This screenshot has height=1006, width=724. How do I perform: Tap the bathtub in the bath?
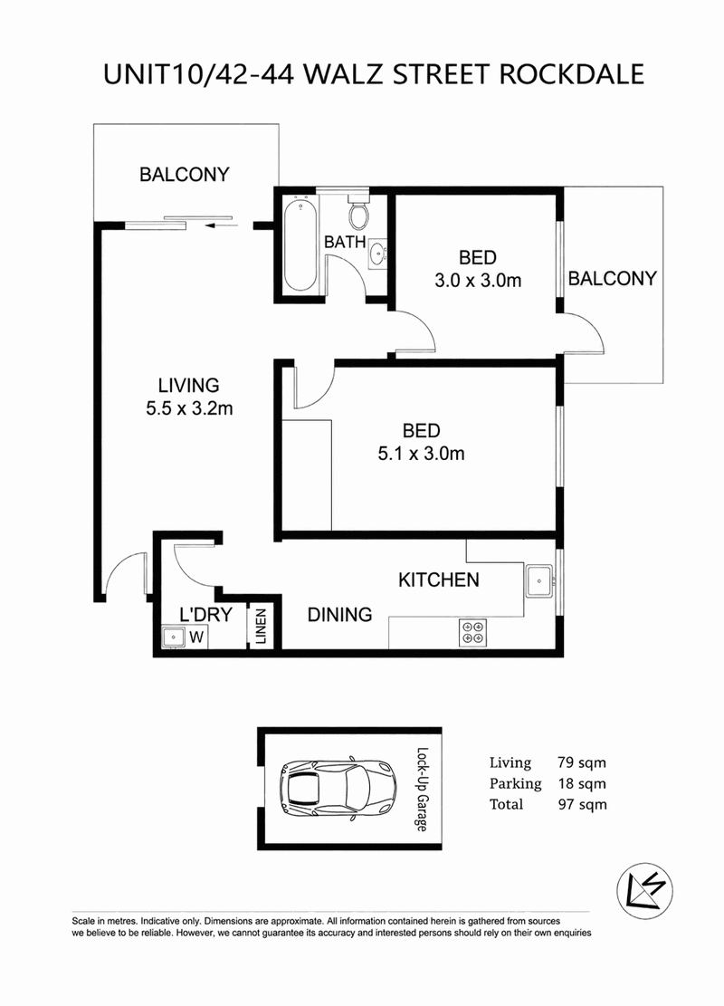(x=300, y=245)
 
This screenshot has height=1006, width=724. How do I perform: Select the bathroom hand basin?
(x=378, y=254)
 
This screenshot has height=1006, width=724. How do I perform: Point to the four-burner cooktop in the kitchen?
(x=473, y=632)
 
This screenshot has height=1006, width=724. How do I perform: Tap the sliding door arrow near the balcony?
(x=221, y=225)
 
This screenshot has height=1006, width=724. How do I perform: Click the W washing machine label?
(x=197, y=637)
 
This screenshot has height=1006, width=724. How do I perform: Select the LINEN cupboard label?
(x=261, y=627)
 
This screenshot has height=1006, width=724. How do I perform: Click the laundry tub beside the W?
(x=173, y=637)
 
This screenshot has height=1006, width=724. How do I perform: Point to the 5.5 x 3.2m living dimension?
(x=189, y=408)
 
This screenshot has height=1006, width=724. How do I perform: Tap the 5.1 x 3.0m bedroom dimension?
(x=422, y=454)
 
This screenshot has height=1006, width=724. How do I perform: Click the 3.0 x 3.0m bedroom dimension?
(x=478, y=281)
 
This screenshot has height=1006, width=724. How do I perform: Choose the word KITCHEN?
(x=439, y=580)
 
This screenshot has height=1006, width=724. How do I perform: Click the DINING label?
(x=340, y=615)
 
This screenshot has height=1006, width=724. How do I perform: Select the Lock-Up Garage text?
(x=422, y=790)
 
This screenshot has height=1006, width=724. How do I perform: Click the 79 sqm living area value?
(x=582, y=762)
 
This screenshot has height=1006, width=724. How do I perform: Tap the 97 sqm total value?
(x=582, y=805)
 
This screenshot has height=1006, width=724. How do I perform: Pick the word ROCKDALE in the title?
(x=571, y=74)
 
